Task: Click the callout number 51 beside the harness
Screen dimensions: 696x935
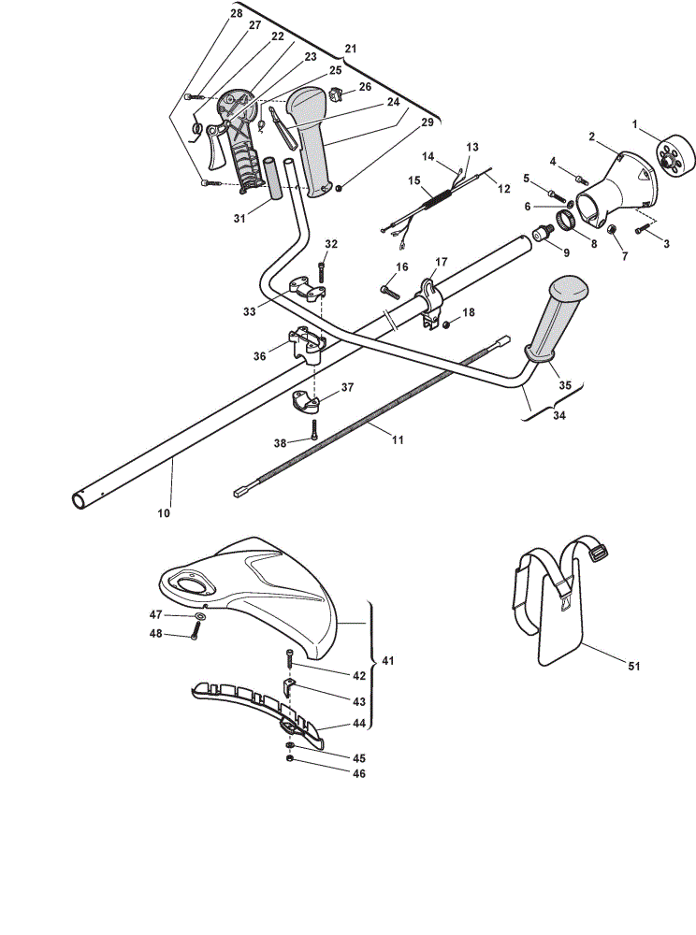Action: (634, 666)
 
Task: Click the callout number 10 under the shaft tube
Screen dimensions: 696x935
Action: (164, 512)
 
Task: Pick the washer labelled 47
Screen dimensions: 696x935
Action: (199, 616)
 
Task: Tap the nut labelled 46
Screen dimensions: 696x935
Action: (290, 758)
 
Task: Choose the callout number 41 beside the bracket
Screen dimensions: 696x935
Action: (388, 661)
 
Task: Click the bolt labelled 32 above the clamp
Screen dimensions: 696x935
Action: (322, 273)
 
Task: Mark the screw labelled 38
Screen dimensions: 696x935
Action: (314, 429)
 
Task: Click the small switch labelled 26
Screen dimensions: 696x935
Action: (338, 93)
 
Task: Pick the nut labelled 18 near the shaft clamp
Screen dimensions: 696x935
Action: (446, 324)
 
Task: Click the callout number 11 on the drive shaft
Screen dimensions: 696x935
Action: (398, 440)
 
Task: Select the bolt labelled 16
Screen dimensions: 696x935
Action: (389, 291)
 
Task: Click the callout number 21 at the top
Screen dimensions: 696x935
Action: (351, 49)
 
